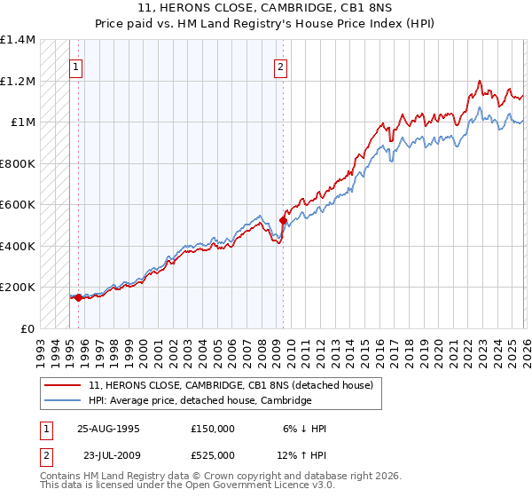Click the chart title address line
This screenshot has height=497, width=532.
pyautogui.click(x=266, y=9)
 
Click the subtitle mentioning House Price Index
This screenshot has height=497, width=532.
pyautogui.click(x=266, y=24)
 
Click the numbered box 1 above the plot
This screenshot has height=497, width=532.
pyautogui.click(x=76, y=67)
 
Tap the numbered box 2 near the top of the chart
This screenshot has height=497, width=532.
pyautogui.click(x=280, y=67)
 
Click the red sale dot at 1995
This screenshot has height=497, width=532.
pyautogui.click(x=78, y=297)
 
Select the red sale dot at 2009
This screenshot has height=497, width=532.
pyautogui.click(x=283, y=219)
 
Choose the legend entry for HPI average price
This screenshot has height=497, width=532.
pyautogui.click(x=200, y=400)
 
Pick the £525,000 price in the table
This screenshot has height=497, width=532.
pyautogui.click(x=213, y=455)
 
